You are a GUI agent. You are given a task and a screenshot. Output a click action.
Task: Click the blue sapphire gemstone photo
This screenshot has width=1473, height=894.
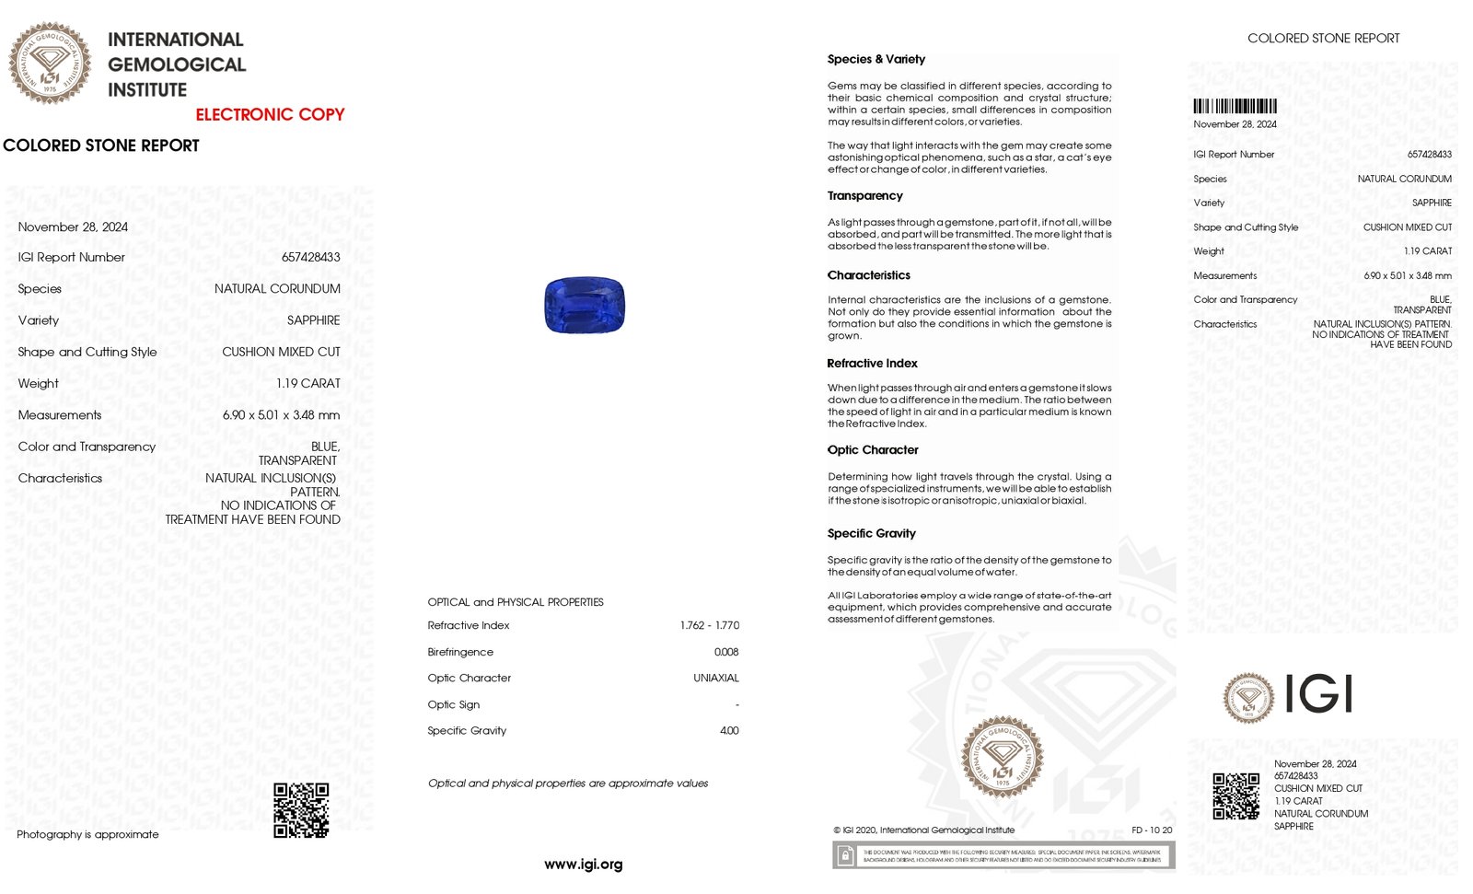585,305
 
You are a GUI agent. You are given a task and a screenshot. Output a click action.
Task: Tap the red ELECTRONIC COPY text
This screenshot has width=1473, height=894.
270,115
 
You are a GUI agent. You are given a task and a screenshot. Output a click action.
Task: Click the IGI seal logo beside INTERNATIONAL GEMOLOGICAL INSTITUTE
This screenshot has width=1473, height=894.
50,64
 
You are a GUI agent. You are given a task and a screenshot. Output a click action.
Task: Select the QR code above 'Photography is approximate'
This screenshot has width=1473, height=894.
301,810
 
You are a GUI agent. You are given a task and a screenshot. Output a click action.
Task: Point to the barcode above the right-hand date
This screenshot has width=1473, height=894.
1235,106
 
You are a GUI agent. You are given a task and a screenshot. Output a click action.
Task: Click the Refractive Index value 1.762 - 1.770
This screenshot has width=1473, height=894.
709,626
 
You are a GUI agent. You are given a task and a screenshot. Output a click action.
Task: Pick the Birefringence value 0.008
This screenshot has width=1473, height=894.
726,652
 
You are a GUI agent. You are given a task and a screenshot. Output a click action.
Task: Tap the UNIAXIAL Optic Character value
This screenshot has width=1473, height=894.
716,679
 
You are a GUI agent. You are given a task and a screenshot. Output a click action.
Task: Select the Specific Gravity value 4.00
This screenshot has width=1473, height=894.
729,731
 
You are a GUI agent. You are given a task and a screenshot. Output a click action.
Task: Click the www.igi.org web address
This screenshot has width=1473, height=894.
584,865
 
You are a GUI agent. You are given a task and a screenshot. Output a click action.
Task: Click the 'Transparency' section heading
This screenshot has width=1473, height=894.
864,196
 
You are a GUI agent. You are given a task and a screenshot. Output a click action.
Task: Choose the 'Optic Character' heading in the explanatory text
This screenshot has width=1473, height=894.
873,450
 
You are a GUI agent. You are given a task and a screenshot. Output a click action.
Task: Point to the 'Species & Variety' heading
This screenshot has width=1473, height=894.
876,59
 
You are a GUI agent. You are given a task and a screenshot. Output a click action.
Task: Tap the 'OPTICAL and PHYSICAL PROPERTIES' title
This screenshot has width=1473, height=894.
516,602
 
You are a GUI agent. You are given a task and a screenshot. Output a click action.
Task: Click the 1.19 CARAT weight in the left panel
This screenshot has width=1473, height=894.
308,384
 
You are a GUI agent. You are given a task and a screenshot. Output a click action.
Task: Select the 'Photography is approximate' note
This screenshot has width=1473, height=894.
87,835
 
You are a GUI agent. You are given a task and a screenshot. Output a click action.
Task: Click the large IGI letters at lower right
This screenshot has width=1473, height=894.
1318,694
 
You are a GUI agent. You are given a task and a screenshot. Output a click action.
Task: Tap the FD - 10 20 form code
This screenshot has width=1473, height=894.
1152,830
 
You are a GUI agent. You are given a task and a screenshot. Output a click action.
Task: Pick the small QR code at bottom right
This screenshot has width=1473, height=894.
1235,796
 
